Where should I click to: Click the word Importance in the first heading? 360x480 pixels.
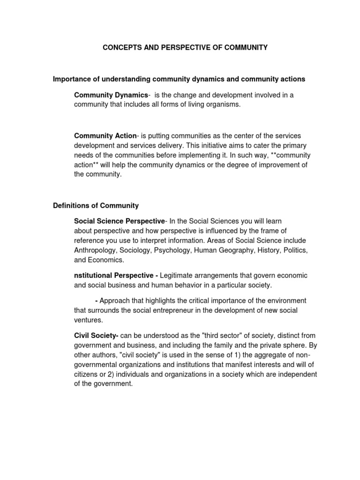coord(71,79)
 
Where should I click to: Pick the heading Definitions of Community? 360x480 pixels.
coord(96,205)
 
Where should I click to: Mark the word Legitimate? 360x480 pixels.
coord(177,275)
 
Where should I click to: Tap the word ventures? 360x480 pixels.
coord(88,320)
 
